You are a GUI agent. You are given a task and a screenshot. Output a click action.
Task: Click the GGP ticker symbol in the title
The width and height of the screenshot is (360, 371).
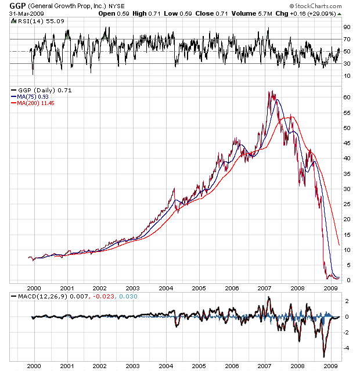9,5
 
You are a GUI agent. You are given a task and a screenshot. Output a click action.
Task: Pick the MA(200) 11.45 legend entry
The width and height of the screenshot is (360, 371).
37,103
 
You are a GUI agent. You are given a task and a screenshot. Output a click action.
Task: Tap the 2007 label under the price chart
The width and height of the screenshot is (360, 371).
265,288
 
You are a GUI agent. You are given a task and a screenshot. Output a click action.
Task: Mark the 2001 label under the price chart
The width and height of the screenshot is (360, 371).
67,288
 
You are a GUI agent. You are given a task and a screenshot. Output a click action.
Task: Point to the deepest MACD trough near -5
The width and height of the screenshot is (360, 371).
323,356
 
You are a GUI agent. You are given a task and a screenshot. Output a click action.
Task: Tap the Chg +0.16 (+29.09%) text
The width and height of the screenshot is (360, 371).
303,13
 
